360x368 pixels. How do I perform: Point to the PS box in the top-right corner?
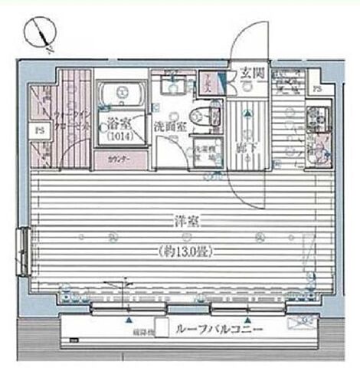317,87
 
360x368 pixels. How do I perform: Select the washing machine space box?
202,153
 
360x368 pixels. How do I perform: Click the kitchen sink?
315,150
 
